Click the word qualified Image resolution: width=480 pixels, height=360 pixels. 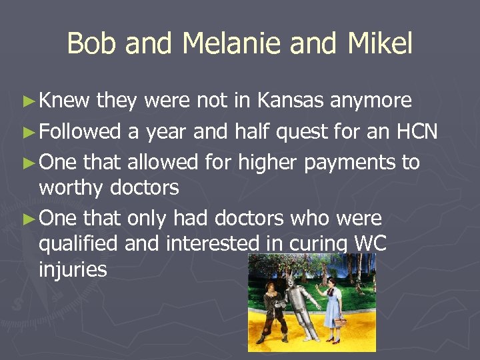coord(79,244)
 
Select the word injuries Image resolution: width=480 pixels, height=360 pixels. coord(73,269)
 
